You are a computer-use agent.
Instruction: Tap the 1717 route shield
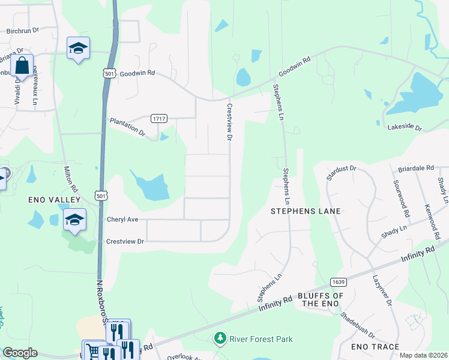pos(158,118)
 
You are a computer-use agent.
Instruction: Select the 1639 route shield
pos(338,281)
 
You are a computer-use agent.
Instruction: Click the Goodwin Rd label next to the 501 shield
pos(137,73)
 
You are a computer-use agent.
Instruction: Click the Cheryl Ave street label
pos(122,220)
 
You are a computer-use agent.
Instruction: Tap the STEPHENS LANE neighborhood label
pos(306,211)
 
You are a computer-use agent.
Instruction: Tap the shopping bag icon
pos(22,66)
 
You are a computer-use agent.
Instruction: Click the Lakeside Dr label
pos(405,127)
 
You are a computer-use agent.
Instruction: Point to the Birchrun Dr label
pos(22,30)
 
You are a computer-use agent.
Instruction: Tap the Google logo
pos(20,353)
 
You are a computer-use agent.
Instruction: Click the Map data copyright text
pos(423,355)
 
